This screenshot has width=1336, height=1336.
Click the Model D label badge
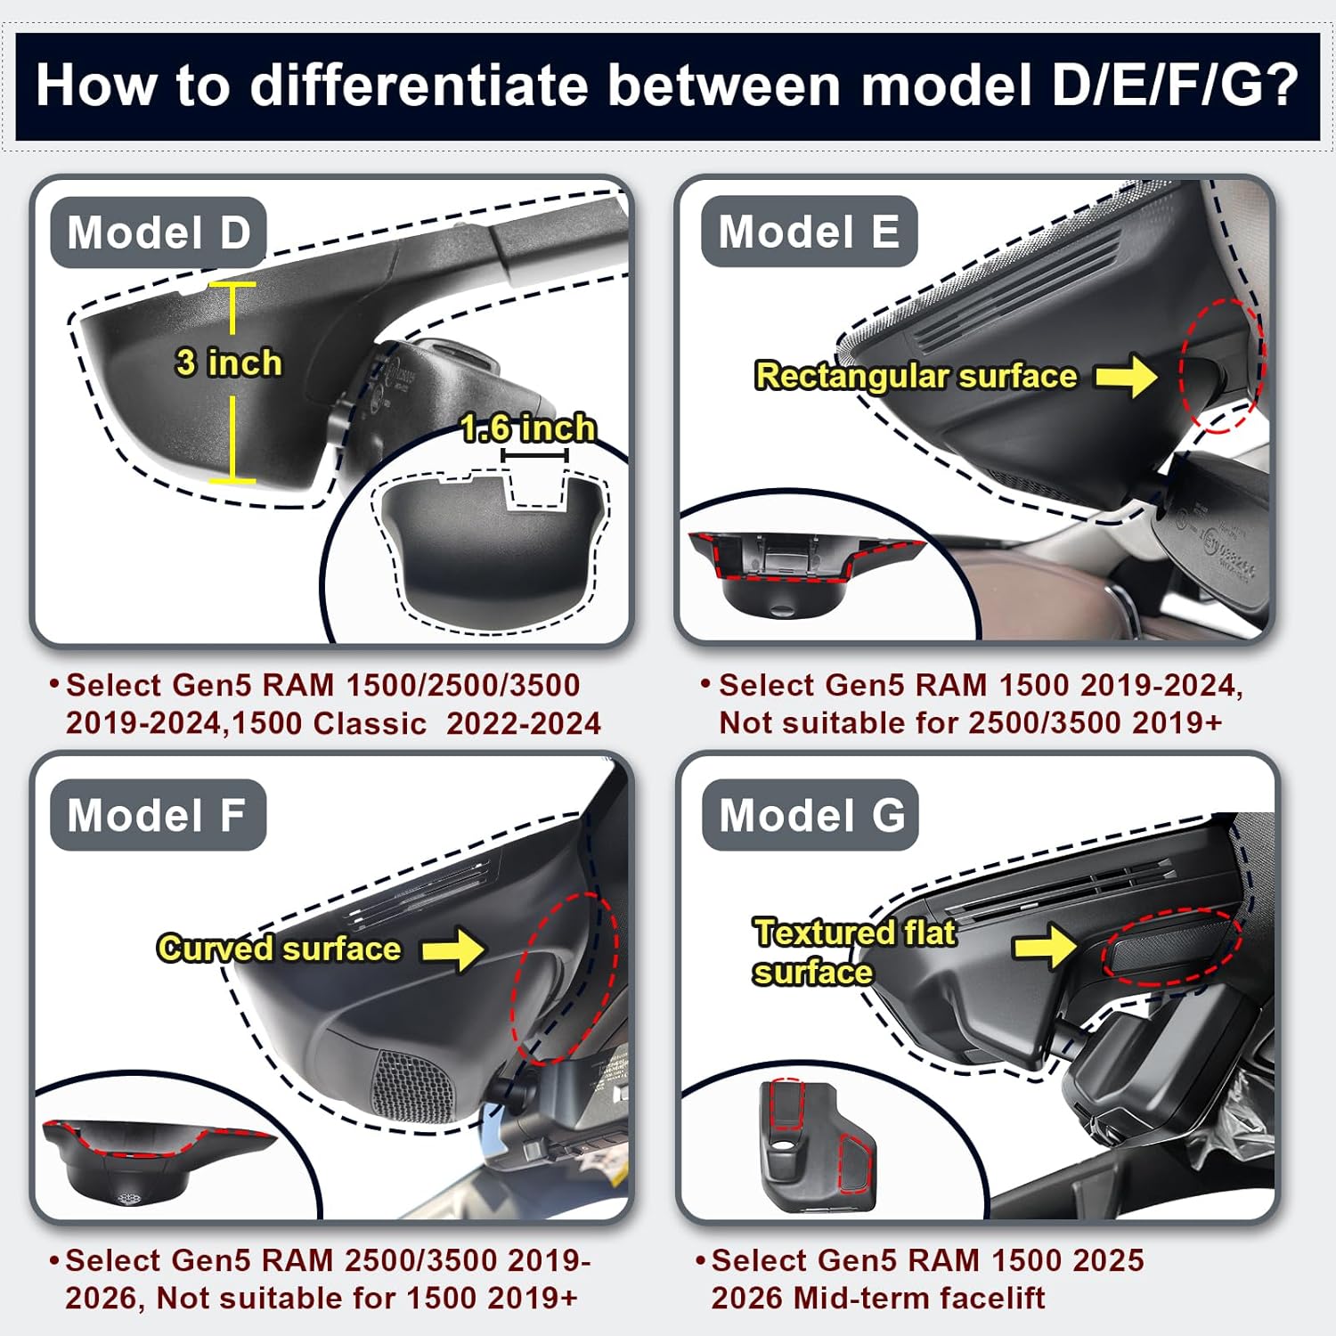[x=159, y=232]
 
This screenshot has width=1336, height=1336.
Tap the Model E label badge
[x=809, y=232]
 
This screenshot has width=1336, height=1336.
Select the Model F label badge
[x=158, y=815]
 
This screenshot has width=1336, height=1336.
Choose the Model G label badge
[x=811, y=815]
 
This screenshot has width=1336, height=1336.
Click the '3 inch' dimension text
[x=229, y=363]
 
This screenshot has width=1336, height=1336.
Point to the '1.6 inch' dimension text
[x=528, y=428]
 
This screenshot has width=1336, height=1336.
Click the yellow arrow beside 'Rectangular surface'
[x=1126, y=376]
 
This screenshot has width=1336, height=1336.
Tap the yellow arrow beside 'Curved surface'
[x=453, y=949]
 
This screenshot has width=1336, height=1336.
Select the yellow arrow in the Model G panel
[x=1046, y=945]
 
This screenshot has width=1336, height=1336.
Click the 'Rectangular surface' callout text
[x=916, y=376]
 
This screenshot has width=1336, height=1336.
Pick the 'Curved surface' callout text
[x=279, y=949]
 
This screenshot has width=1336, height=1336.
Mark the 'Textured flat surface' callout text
[x=853, y=952]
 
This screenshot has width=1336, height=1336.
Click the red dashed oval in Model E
[x=1221, y=365]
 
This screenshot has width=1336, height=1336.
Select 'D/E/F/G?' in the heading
[x=1175, y=86]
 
